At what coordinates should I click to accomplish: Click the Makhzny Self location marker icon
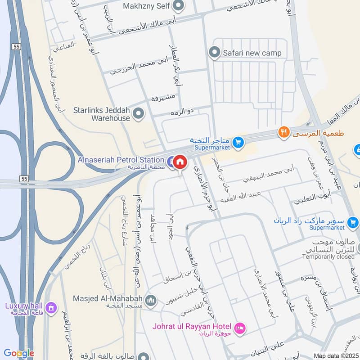coord(179,6)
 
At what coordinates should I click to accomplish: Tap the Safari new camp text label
coord(252,53)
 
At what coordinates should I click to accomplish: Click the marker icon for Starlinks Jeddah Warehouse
coord(139,113)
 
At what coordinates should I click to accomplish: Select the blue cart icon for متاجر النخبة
coord(238,143)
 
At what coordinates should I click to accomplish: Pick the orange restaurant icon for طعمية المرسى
coord(283,132)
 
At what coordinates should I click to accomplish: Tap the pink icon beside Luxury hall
coord(51,308)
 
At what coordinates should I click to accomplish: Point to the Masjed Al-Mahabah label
coord(108,298)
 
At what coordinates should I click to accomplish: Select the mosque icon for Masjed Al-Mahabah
coord(151,300)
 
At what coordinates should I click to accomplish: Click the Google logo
coord(19,353)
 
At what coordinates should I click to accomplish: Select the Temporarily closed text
coord(328,256)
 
